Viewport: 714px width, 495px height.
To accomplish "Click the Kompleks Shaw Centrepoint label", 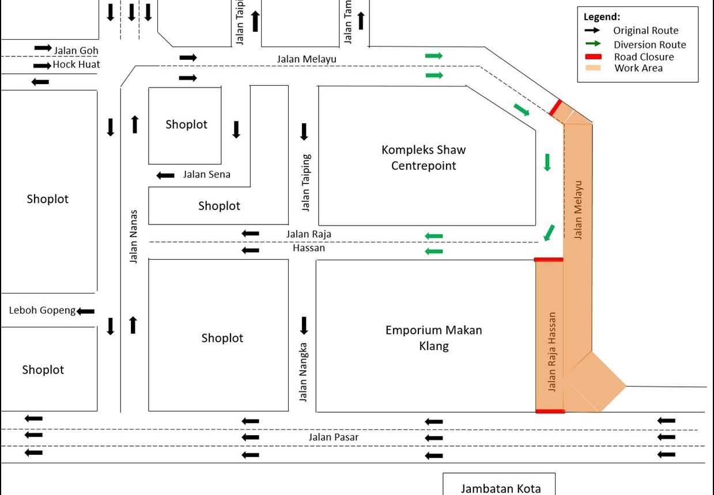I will point(424,158).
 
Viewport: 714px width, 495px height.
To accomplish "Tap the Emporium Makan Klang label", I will point(433,338).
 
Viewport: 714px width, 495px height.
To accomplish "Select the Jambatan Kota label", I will point(500,489).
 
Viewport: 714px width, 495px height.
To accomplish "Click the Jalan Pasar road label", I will point(333,437).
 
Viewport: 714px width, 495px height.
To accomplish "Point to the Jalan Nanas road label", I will point(133,235).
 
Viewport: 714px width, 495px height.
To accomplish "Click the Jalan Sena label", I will point(206,174).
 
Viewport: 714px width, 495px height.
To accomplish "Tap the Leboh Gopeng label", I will point(42,311).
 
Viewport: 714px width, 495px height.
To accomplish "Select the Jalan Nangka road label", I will point(304,372).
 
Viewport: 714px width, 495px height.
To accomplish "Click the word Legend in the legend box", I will point(602,17).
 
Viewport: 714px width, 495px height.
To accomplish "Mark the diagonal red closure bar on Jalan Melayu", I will point(555,107).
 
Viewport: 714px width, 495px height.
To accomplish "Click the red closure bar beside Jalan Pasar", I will point(550,411).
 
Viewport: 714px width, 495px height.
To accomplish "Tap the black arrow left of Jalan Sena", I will point(166,175).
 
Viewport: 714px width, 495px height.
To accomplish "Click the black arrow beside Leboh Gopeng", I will point(86,311).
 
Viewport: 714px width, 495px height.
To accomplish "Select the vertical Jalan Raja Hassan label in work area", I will point(551,352).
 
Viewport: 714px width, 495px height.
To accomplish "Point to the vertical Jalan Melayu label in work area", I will point(579,210).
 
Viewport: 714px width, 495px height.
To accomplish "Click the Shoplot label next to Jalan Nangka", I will point(222,338).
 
